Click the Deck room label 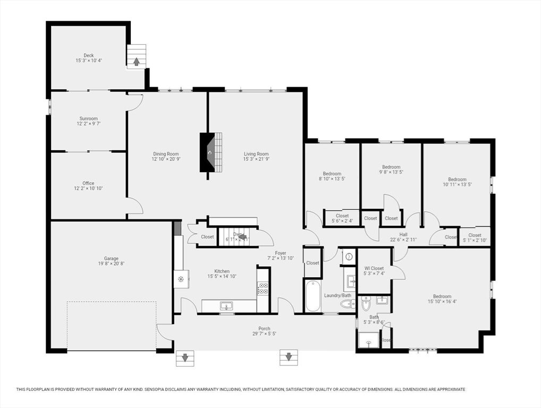coord(88,55)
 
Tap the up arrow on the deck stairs coord(136,62)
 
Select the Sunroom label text coord(88,118)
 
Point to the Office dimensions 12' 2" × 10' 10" coord(88,189)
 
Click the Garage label coord(111,259)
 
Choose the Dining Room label coord(166,154)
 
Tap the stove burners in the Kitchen coord(263,288)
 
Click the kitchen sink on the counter coord(227,306)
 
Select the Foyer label coord(281,253)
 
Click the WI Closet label coord(374,268)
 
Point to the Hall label coord(403,234)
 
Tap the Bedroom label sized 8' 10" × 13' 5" coord(332,174)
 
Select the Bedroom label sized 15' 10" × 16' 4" coord(442,296)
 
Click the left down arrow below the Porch coord(185,358)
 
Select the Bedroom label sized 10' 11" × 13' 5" coord(457,180)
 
